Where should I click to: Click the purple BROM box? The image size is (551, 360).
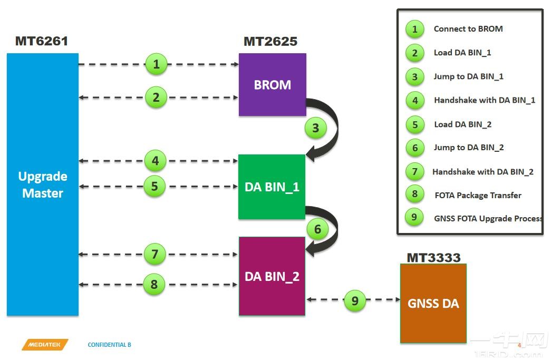pos(272,84)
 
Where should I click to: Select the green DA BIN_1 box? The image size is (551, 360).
pos(272,187)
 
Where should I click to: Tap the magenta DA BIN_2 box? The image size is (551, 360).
pos(272,276)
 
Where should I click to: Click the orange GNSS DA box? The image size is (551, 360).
pos(433,303)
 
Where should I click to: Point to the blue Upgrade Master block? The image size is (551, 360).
pos(42,184)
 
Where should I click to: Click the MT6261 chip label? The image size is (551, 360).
pos(42,41)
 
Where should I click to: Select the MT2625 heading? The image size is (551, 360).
pos(270,41)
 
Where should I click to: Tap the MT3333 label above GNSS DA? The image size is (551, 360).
pos(433,258)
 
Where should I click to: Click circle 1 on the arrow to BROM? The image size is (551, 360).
pos(156,65)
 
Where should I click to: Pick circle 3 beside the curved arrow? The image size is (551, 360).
pos(315,128)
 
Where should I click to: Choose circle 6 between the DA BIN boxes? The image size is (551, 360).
pos(317,229)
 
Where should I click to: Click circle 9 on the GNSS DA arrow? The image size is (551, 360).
pos(355,300)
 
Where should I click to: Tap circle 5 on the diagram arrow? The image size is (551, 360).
pos(154,186)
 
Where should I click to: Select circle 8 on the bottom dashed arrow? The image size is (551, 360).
pos(154,285)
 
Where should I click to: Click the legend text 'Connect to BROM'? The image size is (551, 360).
pos(468,29)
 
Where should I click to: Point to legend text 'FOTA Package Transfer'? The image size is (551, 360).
pos(478,195)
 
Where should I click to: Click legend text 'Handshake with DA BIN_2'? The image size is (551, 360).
pos(482,171)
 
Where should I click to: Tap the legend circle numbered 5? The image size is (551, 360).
pos(415,124)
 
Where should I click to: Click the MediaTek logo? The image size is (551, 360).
pos(45,345)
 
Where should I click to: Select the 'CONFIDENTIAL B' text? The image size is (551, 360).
pos(109,345)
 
